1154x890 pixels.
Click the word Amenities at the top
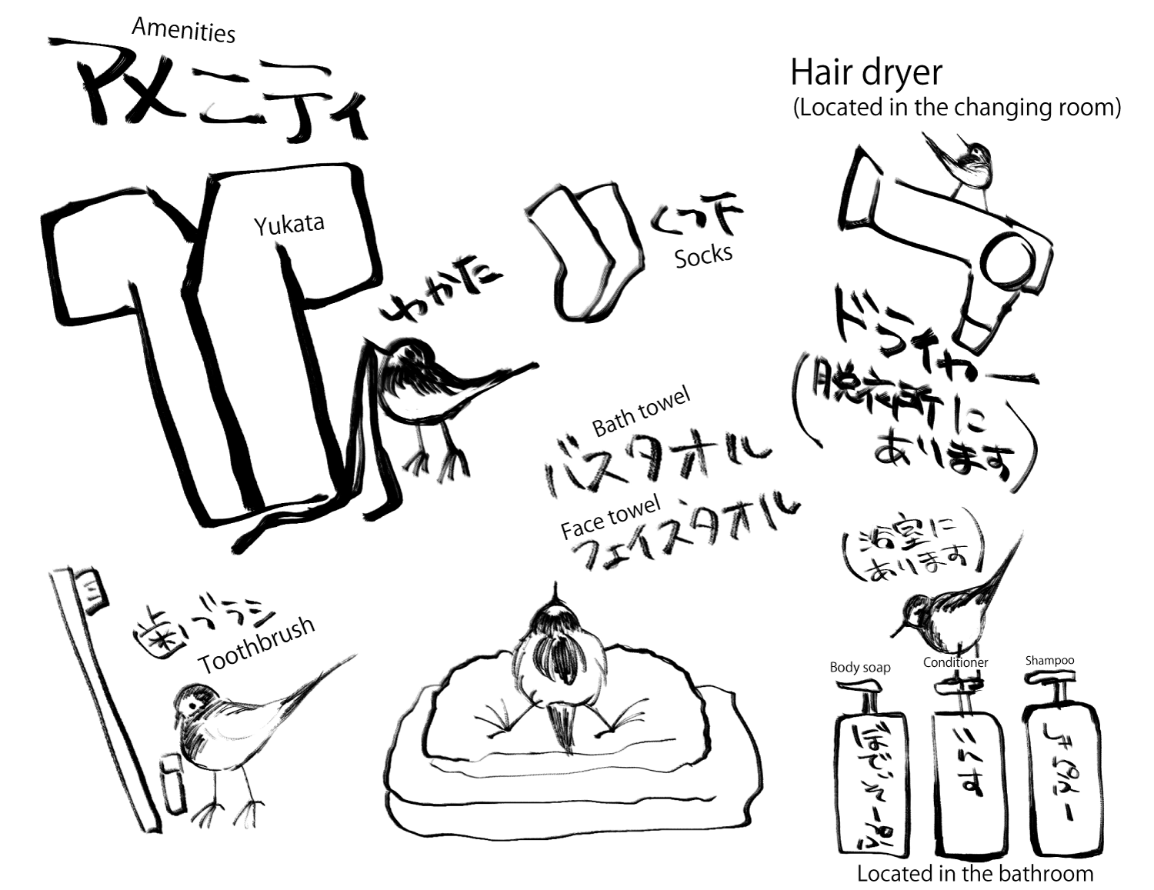pyautogui.click(x=183, y=30)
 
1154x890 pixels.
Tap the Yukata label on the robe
pyautogui.click(x=288, y=225)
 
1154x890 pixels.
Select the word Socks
pyautogui.click(x=703, y=256)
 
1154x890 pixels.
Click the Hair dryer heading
pyautogui.click(x=866, y=73)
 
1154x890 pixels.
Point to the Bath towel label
pyautogui.click(x=641, y=412)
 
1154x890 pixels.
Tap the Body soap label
pyautogui.click(x=859, y=667)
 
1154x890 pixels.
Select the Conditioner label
pyautogui.click(x=956, y=662)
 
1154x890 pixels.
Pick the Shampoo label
pyautogui.click(x=1049, y=660)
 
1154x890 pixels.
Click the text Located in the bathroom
pyautogui.click(x=975, y=873)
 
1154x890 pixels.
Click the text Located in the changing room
pyautogui.click(x=957, y=107)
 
